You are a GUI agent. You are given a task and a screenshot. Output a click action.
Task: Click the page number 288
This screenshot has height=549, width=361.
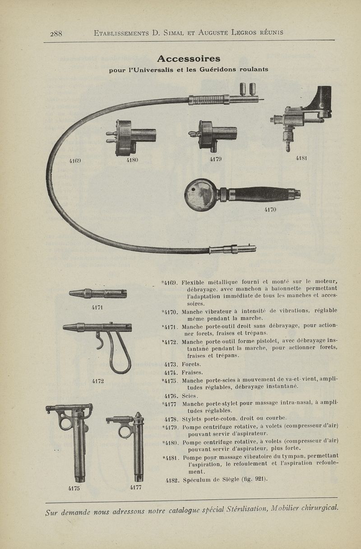click(x=56, y=33)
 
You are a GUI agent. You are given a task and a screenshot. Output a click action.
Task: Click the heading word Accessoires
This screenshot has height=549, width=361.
click(x=189, y=59)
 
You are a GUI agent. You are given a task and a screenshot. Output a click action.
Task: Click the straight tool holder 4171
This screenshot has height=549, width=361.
click(x=98, y=294)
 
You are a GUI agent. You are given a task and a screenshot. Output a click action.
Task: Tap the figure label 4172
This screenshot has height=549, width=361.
click(x=98, y=381)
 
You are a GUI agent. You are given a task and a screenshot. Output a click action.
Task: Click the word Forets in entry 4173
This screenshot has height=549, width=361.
click(x=191, y=364)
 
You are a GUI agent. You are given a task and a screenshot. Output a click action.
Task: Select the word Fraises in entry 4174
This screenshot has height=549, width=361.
click(x=192, y=373)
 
